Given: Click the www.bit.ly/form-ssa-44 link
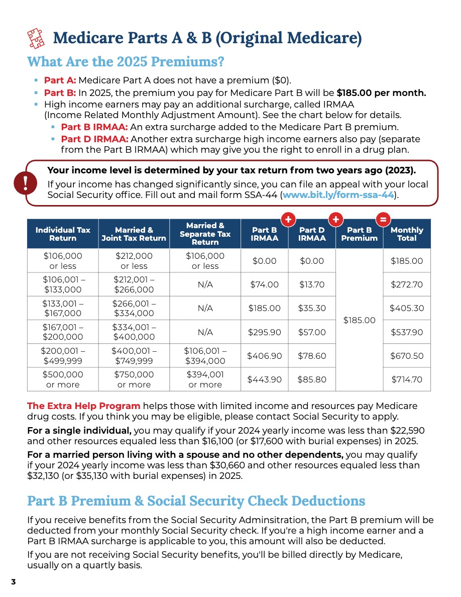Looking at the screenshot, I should [339, 194].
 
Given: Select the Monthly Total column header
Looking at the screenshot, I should [406, 234].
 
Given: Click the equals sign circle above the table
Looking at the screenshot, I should [383, 220].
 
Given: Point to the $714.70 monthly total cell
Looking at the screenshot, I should [406, 379].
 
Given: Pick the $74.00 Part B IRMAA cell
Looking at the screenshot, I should [264, 284].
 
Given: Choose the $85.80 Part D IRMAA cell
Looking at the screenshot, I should [312, 379].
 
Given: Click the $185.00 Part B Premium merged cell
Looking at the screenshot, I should [359, 320].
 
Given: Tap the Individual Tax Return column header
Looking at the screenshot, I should [63, 234].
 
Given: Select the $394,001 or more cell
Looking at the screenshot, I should [205, 379].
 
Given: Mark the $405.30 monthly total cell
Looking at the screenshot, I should [406, 308].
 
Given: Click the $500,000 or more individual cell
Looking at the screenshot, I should [63, 379].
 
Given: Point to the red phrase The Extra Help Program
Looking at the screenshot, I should [84, 406].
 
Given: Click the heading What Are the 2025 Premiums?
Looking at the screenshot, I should [125, 62].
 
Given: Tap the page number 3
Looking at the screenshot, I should [14, 581].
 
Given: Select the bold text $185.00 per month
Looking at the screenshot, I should [381, 92].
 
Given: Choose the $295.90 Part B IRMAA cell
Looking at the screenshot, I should [264, 332].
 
